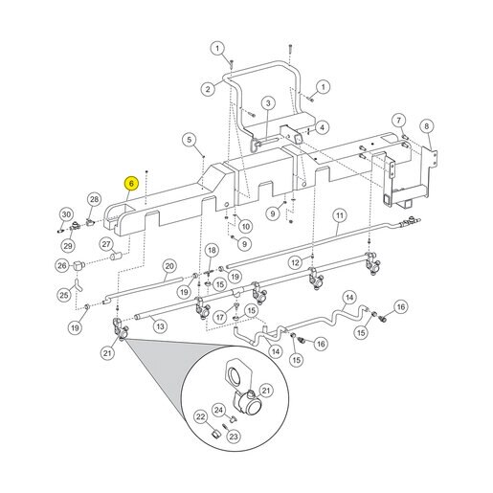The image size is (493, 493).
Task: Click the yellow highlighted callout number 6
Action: coord(131,184)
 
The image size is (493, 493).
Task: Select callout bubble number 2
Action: coord(208,88)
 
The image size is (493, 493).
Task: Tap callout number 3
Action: coord(268,103)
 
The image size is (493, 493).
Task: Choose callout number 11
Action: coord(340,215)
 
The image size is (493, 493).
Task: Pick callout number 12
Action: coord(295,262)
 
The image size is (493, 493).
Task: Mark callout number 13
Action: coord(160,326)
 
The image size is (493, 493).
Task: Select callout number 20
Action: coord(169,266)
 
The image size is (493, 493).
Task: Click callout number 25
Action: coord(64,295)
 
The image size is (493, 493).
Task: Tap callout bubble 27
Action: coord(106,244)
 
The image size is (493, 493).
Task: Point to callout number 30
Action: coord(66,214)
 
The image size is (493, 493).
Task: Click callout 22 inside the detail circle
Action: coord(200,416)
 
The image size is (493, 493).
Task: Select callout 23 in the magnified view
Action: coord(234,437)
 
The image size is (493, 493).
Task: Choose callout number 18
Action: coord(213,250)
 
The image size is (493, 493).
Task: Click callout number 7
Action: coord(398,121)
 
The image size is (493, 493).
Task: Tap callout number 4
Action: coord(323,127)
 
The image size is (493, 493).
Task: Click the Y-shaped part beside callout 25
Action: coord(78,285)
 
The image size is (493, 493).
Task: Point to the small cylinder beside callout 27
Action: coord(117,256)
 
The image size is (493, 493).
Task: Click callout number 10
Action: coord(245,227)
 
